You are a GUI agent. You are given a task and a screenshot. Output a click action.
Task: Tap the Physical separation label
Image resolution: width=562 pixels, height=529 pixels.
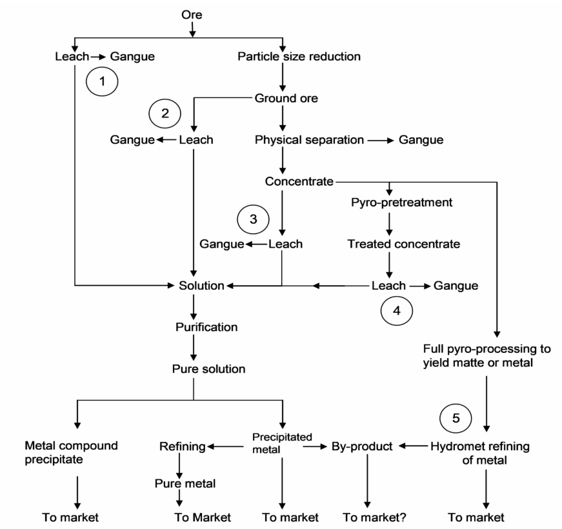pos(308,139)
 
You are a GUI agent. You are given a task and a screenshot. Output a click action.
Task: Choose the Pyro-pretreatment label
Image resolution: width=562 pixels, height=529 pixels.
pos(388,203)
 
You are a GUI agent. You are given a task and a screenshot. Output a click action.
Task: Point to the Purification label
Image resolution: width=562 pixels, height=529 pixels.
pos(206,327)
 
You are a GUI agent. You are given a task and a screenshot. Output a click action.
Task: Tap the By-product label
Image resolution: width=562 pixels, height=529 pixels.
pos(362,446)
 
